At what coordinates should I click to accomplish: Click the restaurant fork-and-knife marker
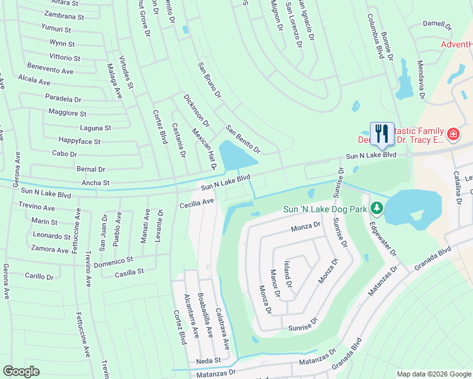[x=381, y=133]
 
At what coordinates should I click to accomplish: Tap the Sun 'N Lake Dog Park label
[x=325, y=208]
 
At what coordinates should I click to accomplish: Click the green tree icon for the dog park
[x=377, y=208]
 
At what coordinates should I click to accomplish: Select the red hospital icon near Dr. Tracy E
[x=453, y=134]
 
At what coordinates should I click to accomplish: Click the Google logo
[x=21, y=371]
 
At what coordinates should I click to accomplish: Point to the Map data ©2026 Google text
[x=433, y=374]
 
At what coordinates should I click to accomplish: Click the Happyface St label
[x=79, y=141]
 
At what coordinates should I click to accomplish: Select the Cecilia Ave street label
[x=197, y=203]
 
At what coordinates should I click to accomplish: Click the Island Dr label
[x=288, y=276]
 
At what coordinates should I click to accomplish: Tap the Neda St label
[x=208, y=360]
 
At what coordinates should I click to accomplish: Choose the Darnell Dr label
[x=438, y=26]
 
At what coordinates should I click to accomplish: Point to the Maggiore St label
[x=67, y=113]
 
